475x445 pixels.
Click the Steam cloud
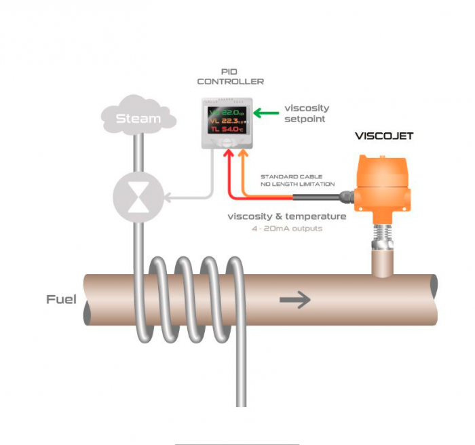138,119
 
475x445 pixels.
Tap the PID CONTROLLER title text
230,76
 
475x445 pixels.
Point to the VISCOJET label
384,136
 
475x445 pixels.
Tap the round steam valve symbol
138,197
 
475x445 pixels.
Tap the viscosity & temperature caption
287,216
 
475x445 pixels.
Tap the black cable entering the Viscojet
319,197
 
